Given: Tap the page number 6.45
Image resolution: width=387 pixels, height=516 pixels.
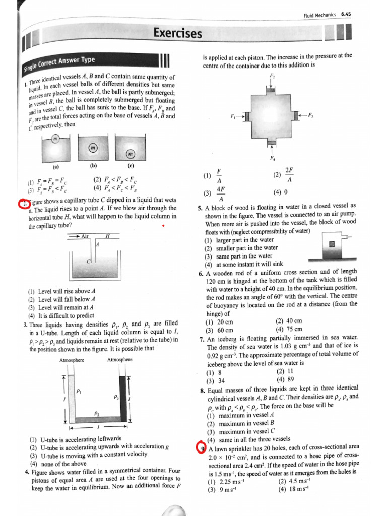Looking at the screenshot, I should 346,16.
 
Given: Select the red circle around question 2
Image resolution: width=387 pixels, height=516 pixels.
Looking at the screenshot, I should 24,204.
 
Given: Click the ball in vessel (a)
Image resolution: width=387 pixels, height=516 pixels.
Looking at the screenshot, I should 56,139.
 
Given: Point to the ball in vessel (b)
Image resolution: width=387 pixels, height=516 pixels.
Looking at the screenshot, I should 92,148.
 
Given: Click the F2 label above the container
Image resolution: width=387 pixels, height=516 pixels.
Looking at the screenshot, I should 272,77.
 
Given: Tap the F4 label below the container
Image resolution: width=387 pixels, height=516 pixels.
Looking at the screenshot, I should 273,158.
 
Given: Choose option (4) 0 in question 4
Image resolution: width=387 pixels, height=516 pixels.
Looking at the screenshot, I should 277,192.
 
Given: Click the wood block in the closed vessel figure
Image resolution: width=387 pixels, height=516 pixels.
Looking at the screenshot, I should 332,244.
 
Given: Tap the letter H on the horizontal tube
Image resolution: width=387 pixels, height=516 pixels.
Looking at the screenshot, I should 107,236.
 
